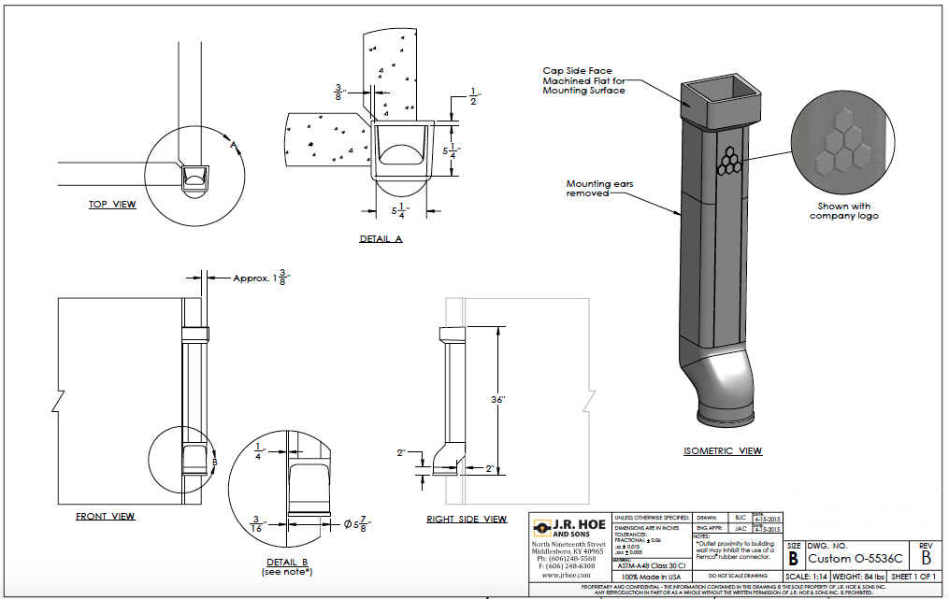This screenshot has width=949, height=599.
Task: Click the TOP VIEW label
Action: [x=112, y=205]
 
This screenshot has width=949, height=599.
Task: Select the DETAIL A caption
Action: [x=381, y=239]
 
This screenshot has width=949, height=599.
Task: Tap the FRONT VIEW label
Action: [x=105, y=516]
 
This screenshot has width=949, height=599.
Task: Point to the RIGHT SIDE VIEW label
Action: [x=467, y=519]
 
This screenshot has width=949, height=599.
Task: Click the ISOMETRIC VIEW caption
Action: [x=723, y=451]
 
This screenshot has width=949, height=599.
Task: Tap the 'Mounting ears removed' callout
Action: [x=599, y=189]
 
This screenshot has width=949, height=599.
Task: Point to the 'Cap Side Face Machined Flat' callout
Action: [x=584, y=80]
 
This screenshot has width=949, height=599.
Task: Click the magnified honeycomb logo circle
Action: [x=837, y=150]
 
